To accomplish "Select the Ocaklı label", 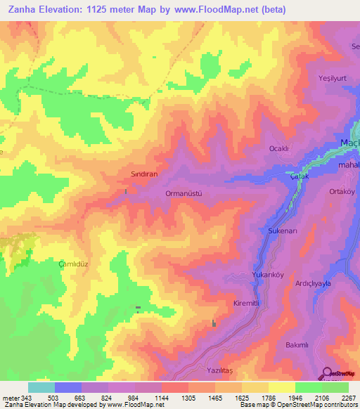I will click(280, 148).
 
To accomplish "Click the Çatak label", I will click(300, 178).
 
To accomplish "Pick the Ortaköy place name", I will click(343, 191).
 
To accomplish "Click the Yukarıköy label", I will click(267, 275).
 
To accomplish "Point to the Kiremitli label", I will click(247, 303).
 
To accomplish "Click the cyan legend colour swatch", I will click(41, 387).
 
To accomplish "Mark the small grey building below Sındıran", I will click(126, 191).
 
